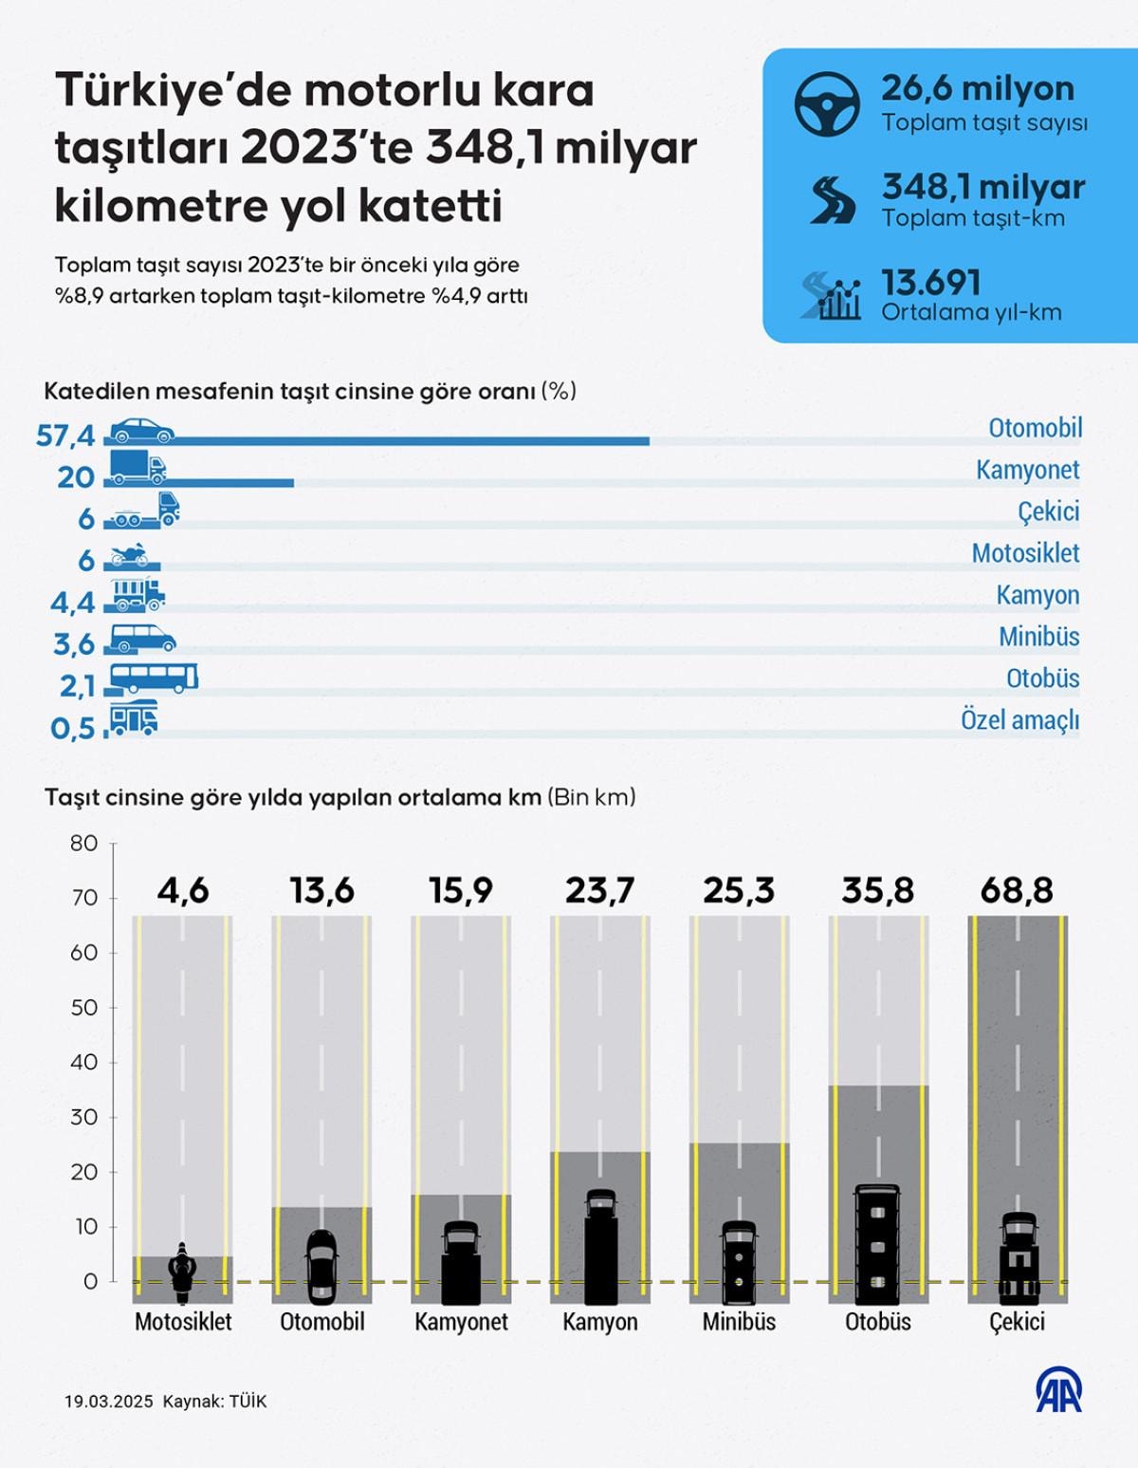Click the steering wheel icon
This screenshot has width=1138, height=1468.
point(827,104)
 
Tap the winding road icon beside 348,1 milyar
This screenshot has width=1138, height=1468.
point(832,199)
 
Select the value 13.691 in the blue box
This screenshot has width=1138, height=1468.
point(930,283)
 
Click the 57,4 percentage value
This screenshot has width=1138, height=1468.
point(65,436)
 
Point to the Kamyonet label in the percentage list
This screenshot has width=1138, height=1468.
point(1027,470)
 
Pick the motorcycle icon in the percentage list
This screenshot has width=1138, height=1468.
point(129,554)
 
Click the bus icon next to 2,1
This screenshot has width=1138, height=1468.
point(154,678)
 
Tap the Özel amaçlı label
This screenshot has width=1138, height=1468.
point(1019,720)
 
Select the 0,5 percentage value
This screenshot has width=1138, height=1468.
point(73,728)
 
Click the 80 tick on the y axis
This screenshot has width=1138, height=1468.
point(84,844)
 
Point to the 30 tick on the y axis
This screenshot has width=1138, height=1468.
point(84,1117)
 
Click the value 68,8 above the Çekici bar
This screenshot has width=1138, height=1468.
point(1017,891)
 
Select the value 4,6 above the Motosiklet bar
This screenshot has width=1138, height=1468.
point(183,891)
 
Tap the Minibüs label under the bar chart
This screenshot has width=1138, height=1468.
point(739,1322)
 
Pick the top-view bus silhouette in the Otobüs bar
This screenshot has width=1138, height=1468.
point(877,1244)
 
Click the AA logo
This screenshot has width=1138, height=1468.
point(1058,1390)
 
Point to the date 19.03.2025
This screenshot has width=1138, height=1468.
point(108,1402)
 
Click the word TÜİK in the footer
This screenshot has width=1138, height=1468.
point(248,1402)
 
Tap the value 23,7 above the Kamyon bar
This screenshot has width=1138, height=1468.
point(599,891)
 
